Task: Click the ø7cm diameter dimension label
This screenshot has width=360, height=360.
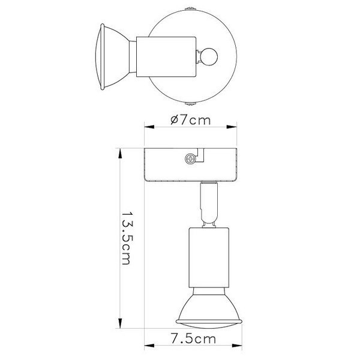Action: click(190, 119)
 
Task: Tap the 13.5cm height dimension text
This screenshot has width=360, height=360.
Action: click(127, 239)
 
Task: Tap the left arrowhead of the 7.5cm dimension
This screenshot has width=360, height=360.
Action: click(148, 347)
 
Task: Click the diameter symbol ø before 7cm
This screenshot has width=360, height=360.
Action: click(173, 119)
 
